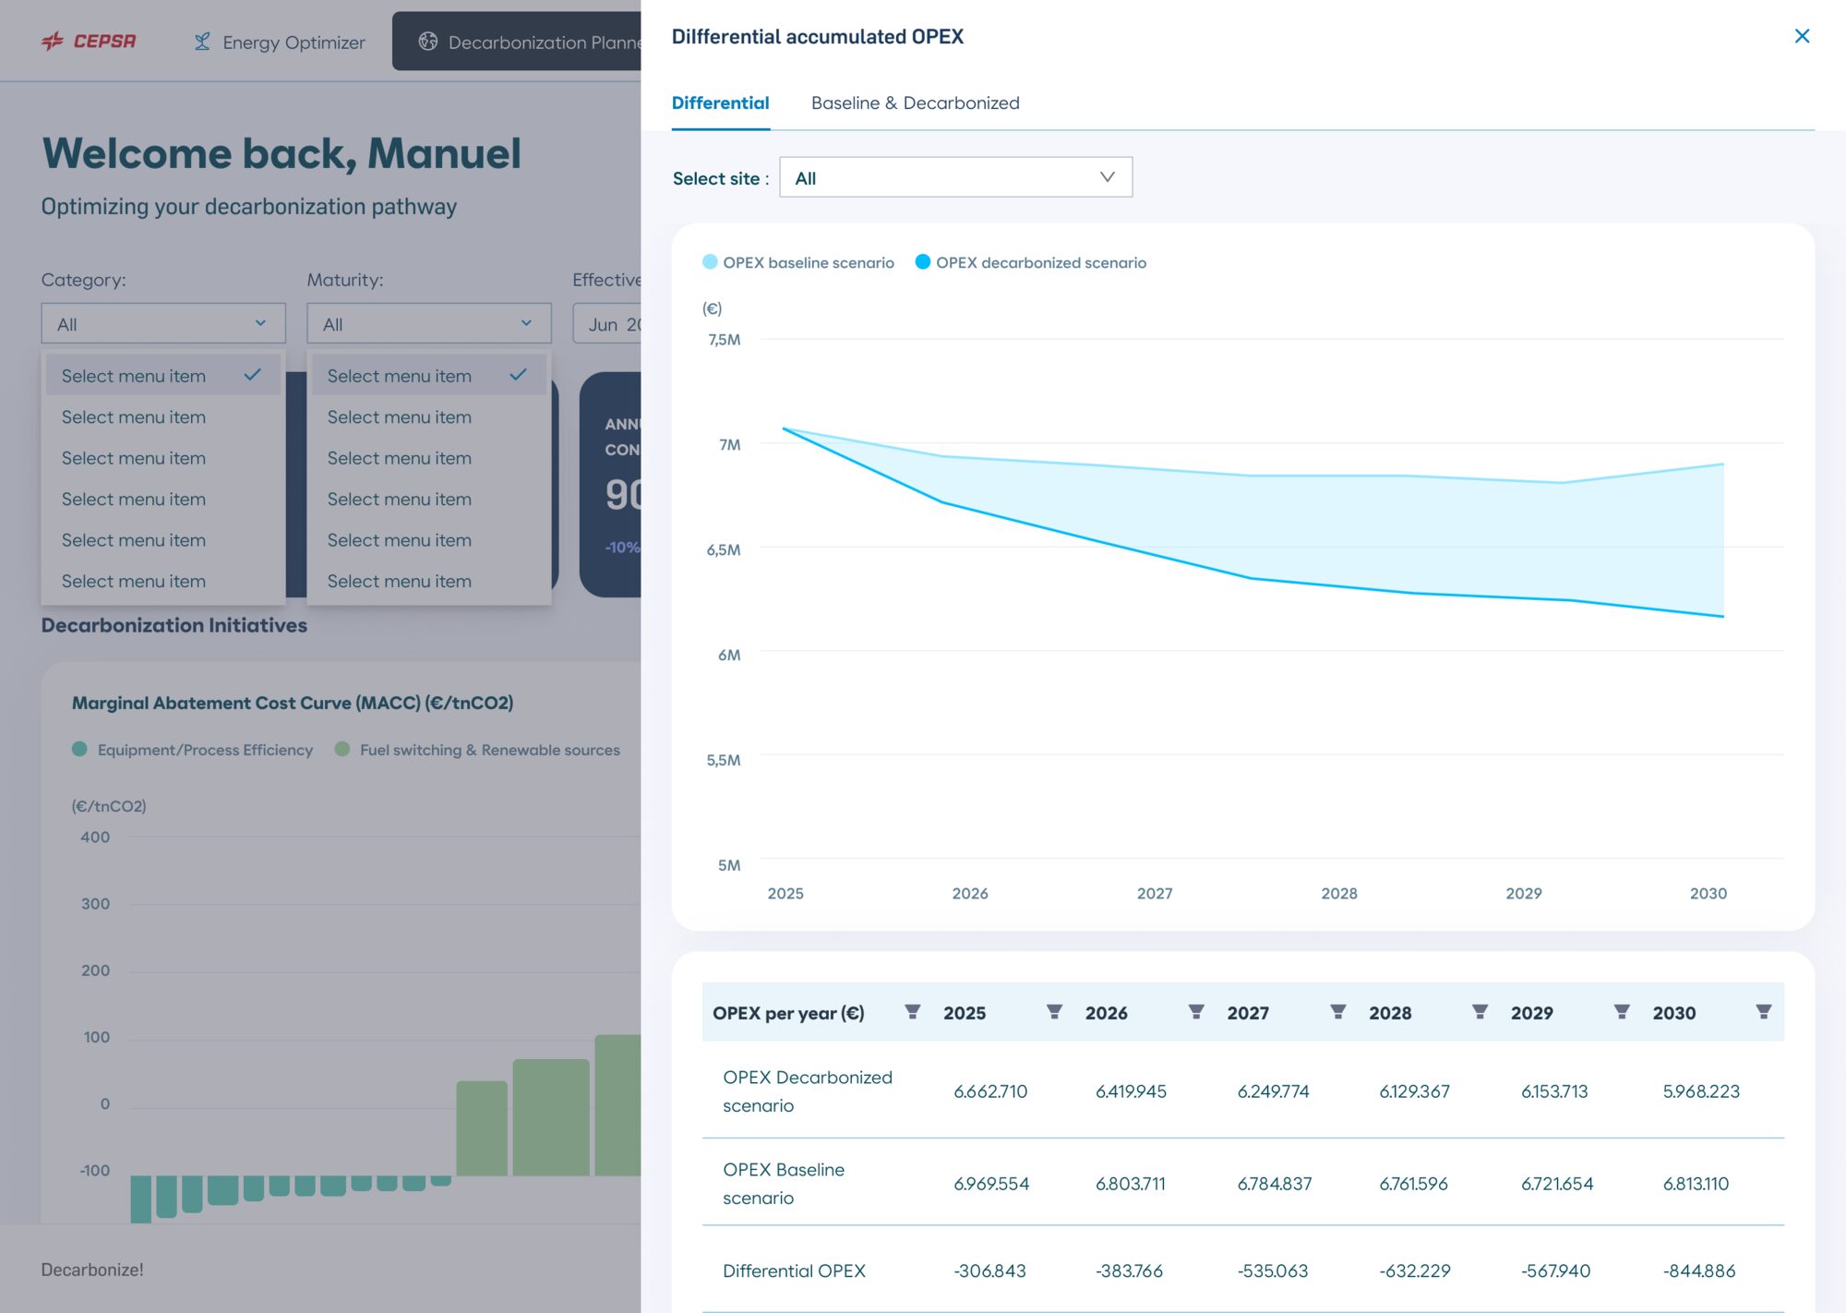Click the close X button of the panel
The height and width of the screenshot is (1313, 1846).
tap(1802, 36)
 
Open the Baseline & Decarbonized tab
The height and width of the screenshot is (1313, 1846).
tap(915, 102)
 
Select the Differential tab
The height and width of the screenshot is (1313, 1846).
tap(720, 102)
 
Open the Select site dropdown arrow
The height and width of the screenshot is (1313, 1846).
tap(1107, 177)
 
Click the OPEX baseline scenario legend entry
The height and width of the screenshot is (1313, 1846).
tap(798, 262)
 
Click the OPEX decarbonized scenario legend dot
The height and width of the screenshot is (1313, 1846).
tap(922, 262)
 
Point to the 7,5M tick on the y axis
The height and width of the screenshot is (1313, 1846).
tap(725, 339)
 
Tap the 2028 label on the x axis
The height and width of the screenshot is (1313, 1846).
tap(1338, 893)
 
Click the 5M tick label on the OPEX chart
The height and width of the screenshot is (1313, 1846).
tap(729, 865)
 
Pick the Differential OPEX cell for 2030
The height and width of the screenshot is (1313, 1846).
tap(1699, 1271)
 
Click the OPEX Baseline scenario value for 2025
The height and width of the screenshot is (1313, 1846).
tap(990, 1183)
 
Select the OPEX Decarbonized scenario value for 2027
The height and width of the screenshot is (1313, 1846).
tap(1273, 1090)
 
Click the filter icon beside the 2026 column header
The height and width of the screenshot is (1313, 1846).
tap(1195, 1012)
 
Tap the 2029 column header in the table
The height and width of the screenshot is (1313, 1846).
tap(1531, 1012)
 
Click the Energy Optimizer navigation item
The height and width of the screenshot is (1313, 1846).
tap(280, 42)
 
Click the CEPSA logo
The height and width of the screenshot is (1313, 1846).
tap(89, 41)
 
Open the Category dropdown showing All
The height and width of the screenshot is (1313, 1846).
tap(163, 323)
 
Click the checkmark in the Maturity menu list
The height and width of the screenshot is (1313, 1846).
tap(518, 374)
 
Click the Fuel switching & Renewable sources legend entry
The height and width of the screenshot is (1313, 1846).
tap(477, 750)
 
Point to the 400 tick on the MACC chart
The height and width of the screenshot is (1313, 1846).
tap(95, 837)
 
